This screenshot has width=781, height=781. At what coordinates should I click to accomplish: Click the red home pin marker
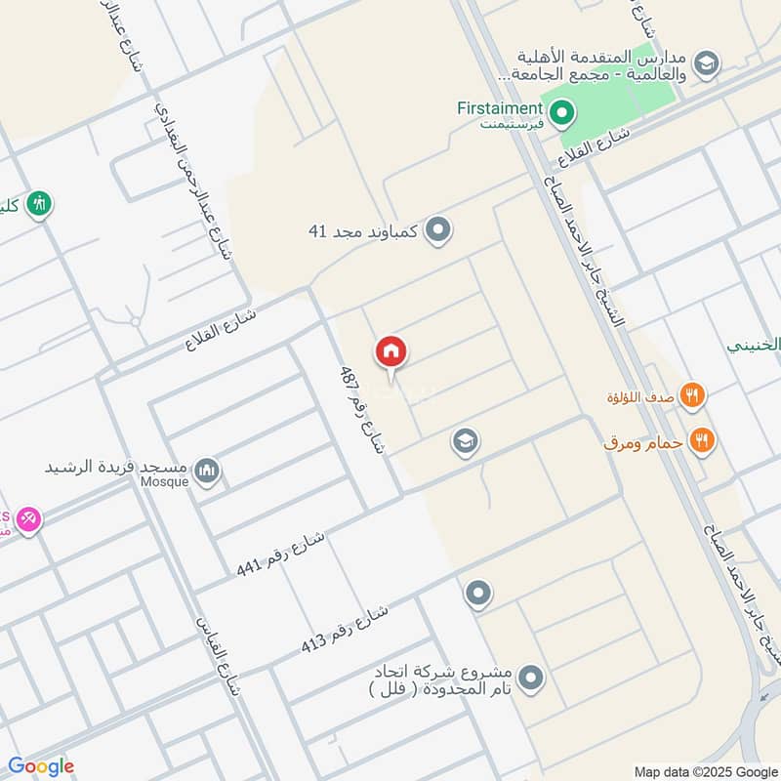coord(391,352)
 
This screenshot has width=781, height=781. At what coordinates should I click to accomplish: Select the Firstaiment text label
coord(499,107)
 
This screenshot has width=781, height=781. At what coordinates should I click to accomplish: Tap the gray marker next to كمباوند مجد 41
coord(439,230)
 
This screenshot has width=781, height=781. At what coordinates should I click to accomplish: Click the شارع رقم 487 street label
coord(363,409)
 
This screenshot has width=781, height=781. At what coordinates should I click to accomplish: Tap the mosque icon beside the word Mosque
coord(206,473)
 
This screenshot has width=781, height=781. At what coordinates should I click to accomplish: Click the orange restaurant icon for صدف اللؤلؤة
coord(693,395)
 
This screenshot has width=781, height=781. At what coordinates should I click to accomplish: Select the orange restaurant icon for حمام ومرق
coord(701,441)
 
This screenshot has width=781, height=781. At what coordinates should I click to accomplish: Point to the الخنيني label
coord(754,345)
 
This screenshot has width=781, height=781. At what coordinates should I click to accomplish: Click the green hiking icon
coord(40,204)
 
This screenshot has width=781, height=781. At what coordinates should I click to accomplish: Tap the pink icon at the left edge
coord(28,519)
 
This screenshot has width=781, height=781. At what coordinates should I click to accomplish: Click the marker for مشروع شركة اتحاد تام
coord(531,676)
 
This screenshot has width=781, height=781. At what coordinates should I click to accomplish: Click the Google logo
coord(41,766)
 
